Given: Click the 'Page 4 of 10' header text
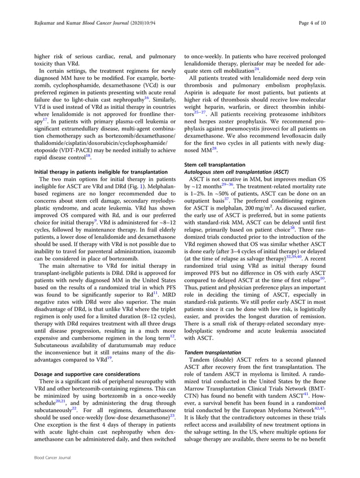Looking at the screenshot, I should point(326,24).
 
